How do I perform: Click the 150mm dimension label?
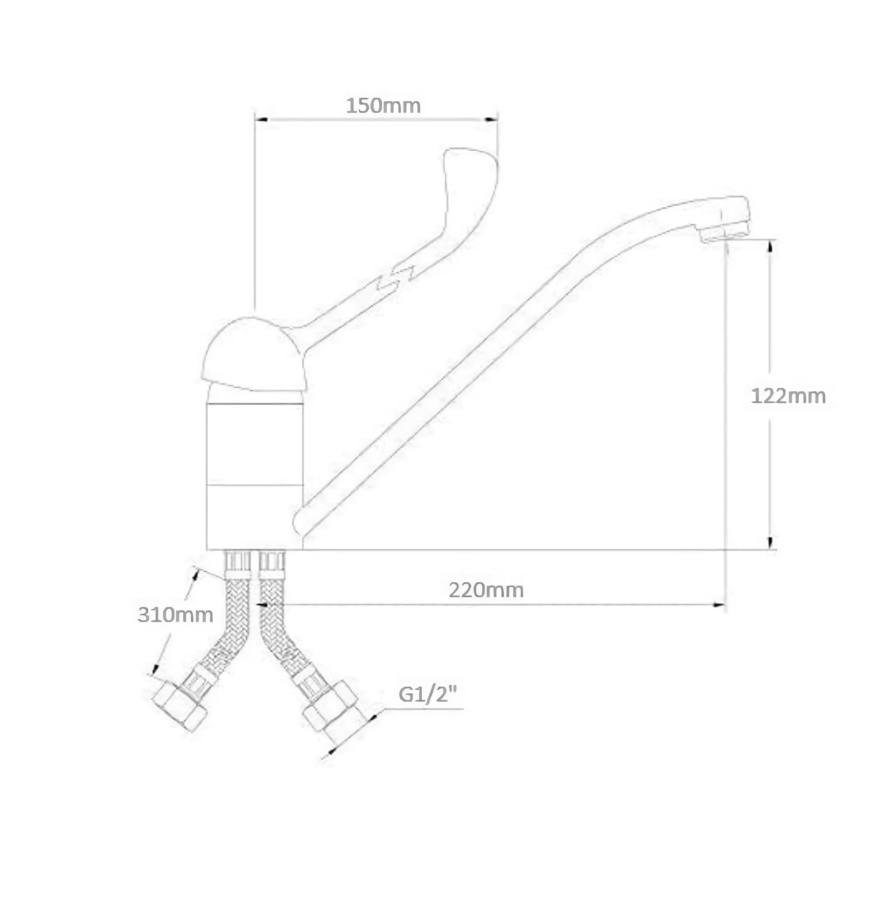pyautogui.click(x=383, y=106)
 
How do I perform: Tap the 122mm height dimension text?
pyautogui.click(x=789, y=396)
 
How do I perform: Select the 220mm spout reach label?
pyautogui.click(x=486, y=590)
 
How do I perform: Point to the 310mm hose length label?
pyautogui.click(x=175, y=615)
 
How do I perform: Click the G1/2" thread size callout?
pyautogui.click(x=427, y=695)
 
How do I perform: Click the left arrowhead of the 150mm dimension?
pyautogui.click(x=261, y=119)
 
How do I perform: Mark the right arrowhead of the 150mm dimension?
pyautogui.click(x=491, y=119)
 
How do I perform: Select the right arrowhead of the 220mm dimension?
pyautogui.click(x=719, y=605)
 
